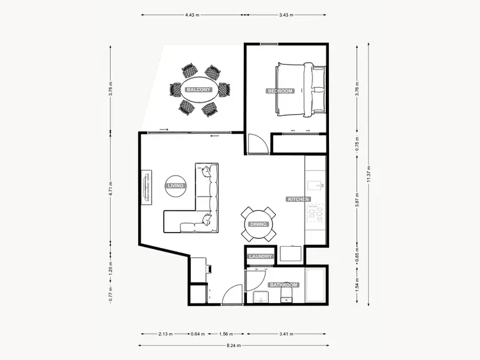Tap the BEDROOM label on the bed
(280, 91)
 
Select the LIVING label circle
(175, 186)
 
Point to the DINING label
(259, 225)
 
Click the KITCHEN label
(298, 199)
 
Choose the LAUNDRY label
(261, 256)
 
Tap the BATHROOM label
(284, 284)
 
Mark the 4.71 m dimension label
(111, 190)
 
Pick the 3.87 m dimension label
(356, 200)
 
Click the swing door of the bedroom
(255, 144)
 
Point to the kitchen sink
(316, 186)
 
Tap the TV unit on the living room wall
(146, 186)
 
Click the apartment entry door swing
(232, 295)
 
